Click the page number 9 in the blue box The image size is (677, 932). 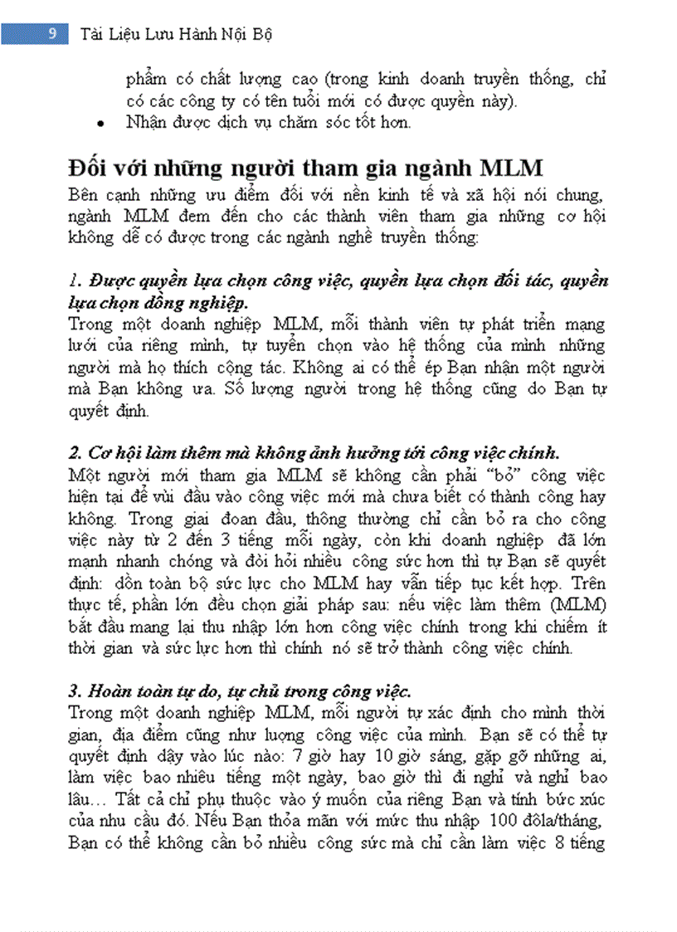[x=52, y=34]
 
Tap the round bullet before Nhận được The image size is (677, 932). [x=100, y=124]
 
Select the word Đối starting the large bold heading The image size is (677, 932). [x=86, y=168]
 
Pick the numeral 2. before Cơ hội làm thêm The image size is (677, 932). [x=74, y=454]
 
